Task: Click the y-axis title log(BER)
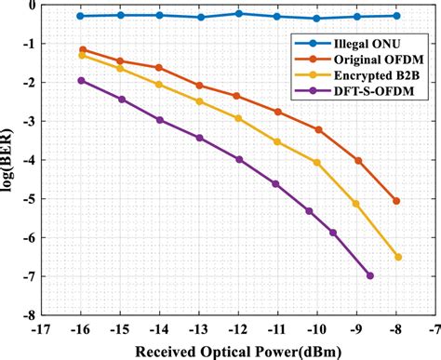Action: tap(12, 160)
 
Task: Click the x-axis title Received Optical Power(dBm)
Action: tap(238, 350)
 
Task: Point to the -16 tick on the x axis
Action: tap(81, 328)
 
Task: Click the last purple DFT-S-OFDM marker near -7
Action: tap(370, 275)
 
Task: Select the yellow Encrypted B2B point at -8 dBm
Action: tap(397, 257)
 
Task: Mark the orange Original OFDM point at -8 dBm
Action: tap(397, 201)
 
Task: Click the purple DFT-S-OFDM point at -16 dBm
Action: tap(82, 81)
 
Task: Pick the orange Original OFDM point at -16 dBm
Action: tap(82, 49)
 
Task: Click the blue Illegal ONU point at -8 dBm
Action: tap(397, 16)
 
